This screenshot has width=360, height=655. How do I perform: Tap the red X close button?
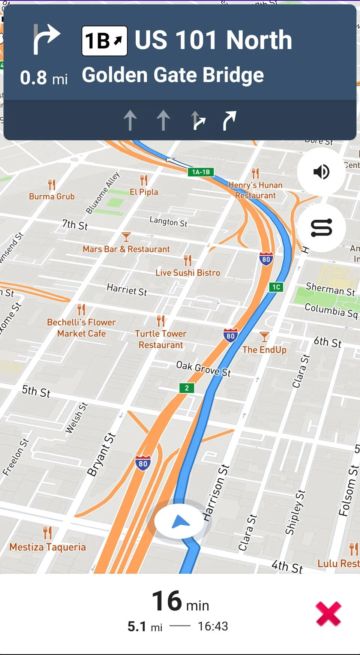click(x=328, y=614)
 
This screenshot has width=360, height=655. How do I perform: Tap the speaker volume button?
click(x=321, y=172)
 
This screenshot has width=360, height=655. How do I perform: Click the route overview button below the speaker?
click(x=321, y=228)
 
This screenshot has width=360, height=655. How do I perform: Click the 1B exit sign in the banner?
click(x=105, y=41)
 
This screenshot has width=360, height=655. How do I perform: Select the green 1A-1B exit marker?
click(x=201, y=172)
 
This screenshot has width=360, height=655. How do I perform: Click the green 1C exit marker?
click(x=276, y=287)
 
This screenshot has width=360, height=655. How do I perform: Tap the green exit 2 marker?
click(x=187, y=388)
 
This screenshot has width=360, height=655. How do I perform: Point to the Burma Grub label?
click(x=52, y=196)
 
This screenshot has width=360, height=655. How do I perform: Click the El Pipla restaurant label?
click(x=144, y=192)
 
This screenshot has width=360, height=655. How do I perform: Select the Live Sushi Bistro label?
click(x=188, y=273)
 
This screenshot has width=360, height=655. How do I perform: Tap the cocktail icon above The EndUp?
click(x=264, y=337)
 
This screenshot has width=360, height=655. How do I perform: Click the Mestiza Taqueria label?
click(x=48, y=547)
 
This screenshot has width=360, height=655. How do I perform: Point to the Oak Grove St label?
click(x=204, y=369)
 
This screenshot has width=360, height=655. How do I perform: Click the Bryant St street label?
click(x=101, y=454)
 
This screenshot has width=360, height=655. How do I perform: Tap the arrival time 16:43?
click(x=213, y=626)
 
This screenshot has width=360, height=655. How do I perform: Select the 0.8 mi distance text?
click(x=44, y=78)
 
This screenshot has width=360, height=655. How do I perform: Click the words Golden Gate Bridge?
click(x=173, y=75)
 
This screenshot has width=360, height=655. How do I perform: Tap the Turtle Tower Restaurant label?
click(x=161, y=339)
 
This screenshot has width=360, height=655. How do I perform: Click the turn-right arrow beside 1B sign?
click(x=46, y=39)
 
